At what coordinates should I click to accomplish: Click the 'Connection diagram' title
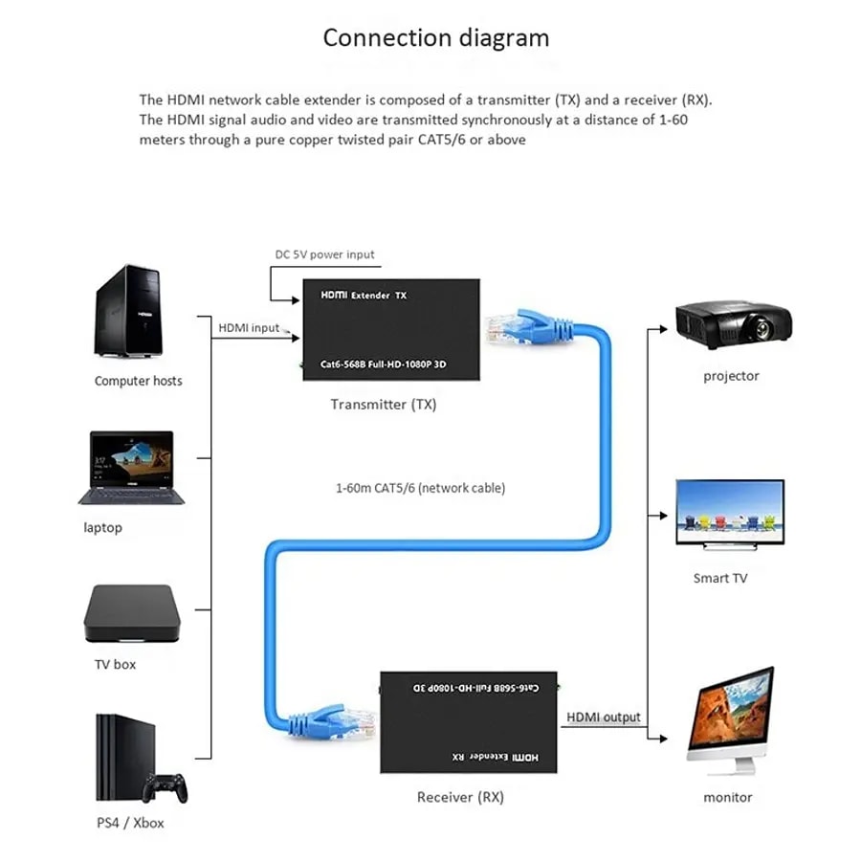click(436, 38)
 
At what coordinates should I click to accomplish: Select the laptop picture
click(126, 468)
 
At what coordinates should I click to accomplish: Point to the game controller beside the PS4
click(165, 787)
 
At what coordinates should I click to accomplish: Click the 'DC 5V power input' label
click(324, 254)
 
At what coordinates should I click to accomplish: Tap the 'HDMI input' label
click(249, 328)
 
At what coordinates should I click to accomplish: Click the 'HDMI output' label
click(604, 717)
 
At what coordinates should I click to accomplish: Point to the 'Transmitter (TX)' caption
click(384, 405)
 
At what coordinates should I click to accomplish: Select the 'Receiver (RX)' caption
click(460, 797)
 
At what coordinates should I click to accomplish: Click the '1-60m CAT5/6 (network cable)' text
click(420, 488)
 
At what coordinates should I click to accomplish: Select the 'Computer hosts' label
click(138, 381)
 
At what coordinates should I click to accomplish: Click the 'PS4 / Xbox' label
click(130, 822)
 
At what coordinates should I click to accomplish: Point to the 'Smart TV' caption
click(720, 579)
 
